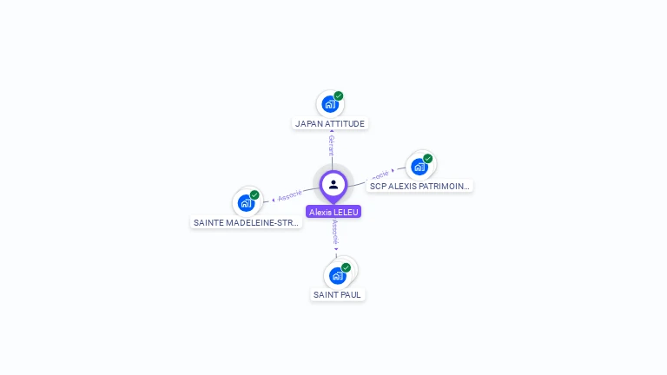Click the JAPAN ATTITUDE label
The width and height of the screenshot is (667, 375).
(x=330, y=123)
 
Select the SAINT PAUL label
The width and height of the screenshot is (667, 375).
(x=338, y=294)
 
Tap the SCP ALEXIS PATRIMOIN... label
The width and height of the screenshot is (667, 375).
(x=419, y=186)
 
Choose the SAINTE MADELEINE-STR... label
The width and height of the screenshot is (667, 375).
(x=247, y=222)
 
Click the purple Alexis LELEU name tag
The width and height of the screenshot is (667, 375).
(x=333, y=212)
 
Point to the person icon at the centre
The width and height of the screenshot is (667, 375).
(x=333, y=184)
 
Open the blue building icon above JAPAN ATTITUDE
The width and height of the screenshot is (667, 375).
(x=329, y=104)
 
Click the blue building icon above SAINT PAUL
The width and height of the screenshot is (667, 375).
(x=337, y=276)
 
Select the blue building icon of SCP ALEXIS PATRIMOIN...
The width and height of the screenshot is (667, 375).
(x=419, y=167)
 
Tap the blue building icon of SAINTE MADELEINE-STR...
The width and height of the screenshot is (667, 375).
(x=246, y=203)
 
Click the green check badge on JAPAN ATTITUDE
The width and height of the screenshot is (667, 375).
(x=339, y=95)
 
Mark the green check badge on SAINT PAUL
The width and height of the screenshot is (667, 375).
(x=346, y=267)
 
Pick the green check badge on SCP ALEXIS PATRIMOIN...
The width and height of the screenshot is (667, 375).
(x=428, y=158)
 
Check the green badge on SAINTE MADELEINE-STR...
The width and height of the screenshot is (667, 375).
(x=254, y=194)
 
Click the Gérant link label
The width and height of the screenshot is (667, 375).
(x=331, y=146)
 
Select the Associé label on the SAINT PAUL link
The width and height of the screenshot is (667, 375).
(x=335, y=231)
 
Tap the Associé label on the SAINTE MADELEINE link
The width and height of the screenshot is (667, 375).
(x=290, y=196)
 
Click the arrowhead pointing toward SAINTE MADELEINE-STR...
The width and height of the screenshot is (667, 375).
(x=274, y=200)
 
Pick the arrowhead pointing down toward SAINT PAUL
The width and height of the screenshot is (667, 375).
(x=336, y=249)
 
